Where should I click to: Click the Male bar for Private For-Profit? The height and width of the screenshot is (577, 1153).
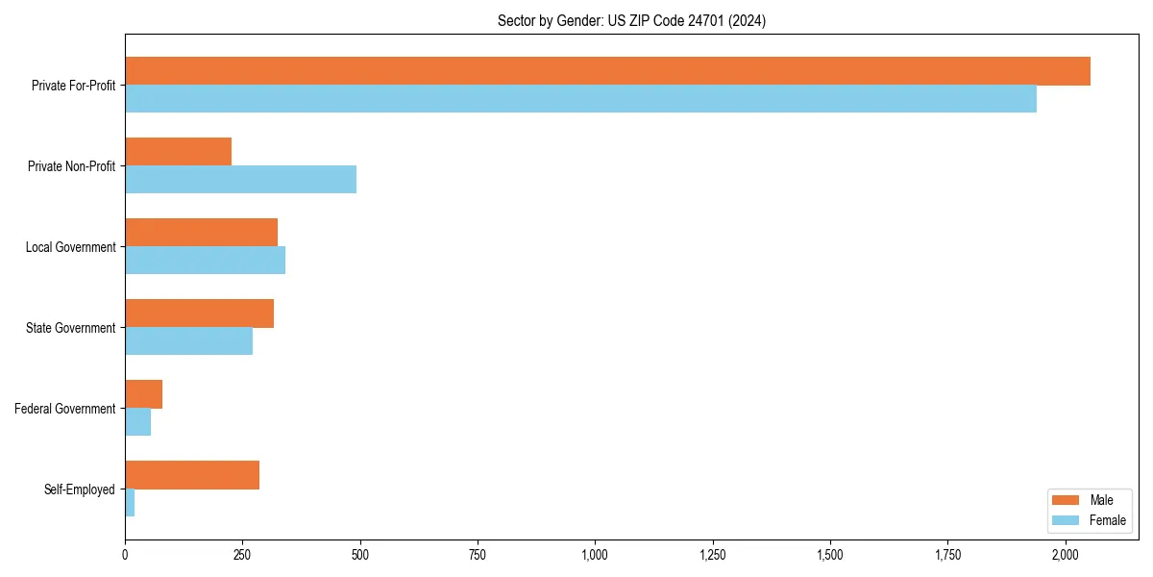click(607, 71)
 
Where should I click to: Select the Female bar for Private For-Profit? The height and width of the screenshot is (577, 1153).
click(580, 99)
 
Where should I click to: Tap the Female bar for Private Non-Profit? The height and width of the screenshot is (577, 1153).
click(240, 180)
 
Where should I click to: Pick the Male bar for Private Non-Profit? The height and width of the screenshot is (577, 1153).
click(178, 152)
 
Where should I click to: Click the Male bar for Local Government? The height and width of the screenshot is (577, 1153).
click(201, 233)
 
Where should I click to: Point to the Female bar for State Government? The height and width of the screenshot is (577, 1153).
click(188, 341)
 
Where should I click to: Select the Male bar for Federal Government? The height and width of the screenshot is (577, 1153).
click(143, 394)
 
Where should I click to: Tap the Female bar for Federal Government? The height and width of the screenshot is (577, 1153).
click(137, 422)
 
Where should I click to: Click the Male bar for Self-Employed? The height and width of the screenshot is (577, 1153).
click(192, 475)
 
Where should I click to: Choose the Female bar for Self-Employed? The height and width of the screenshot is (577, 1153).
click(130, 503)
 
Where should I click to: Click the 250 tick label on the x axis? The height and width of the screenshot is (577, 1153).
click(242, 555)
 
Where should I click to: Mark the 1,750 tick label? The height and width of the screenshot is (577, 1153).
click(947, 555)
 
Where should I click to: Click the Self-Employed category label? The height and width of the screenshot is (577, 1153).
click(80, 489)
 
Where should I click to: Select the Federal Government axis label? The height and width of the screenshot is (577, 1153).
click(65, 409)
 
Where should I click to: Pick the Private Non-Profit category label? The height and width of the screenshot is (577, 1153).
click(71, 166)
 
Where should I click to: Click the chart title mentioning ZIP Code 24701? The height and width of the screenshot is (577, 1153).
click(631, 20)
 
